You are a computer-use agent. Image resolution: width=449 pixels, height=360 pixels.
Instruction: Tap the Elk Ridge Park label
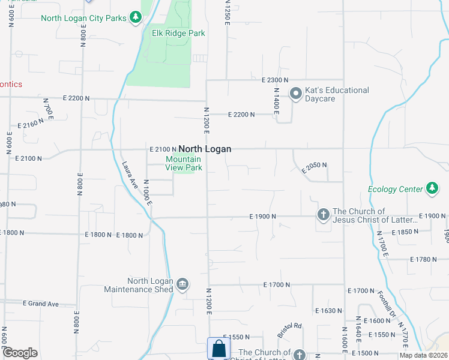pyautogui.click(x=178, y=34)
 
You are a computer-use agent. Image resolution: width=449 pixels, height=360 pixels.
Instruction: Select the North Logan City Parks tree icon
pyautogui.click(x=136, y=18)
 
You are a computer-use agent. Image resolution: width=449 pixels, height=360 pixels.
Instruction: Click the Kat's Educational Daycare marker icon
pyautogui.click(x=295, y=94)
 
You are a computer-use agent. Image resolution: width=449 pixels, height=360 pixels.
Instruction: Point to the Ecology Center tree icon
pyautogui.click(x=432, y=189)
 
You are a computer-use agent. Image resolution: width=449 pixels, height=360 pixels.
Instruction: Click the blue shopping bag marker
pyautogui.click(x=218, y=349)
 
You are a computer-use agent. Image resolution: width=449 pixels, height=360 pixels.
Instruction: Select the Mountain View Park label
pyautogui.click(x=184, y=163)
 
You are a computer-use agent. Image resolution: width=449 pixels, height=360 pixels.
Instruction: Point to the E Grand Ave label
pyautogui.click(x=41, y=304)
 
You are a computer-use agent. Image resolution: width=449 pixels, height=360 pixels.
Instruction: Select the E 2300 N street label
pyautogui.click(x=275, y=80)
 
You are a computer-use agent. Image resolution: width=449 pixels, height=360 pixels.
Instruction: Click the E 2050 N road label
pyautogui.click(x=314, y=167)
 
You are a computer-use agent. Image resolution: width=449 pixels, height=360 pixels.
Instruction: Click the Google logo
pyautogui.click(x=20, y=353)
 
